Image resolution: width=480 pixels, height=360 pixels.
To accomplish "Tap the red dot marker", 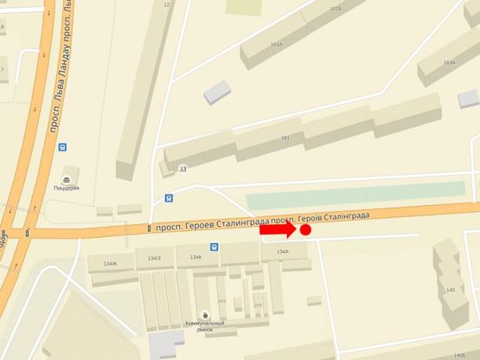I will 305,230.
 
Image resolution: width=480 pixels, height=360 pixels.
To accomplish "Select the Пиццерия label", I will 67,188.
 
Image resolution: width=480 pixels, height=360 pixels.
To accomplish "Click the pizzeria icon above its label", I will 67,176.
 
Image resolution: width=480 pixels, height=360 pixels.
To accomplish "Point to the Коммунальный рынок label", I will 205,326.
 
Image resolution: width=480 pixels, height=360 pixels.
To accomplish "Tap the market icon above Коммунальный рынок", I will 205,314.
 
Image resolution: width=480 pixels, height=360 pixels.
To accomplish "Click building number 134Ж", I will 109,263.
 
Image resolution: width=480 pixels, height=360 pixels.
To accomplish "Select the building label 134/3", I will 154,258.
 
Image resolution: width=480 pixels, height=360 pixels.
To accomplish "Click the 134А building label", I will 282,252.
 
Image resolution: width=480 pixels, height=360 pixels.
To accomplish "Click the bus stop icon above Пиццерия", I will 62,146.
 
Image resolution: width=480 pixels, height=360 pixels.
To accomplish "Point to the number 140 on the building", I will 450,290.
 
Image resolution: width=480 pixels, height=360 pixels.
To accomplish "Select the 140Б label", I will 458,356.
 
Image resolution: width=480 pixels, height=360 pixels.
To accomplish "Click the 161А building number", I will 277,44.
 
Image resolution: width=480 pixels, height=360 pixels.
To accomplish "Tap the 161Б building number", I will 336,9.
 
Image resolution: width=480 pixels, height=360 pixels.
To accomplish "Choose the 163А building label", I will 449,62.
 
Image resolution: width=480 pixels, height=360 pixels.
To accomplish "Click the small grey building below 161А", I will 217,89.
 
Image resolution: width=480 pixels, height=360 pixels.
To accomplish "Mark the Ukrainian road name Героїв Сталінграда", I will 334,215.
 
